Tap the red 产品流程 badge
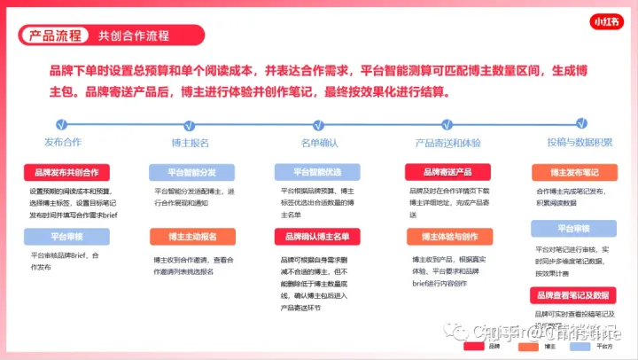[55, 35]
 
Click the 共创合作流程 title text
[134, 35]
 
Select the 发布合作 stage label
[63, 142]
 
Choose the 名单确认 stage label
[319, 142]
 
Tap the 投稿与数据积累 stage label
[580, 142]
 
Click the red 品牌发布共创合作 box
[66, 172]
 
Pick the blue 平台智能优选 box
[316, 172]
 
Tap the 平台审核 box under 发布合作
[66, 237]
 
